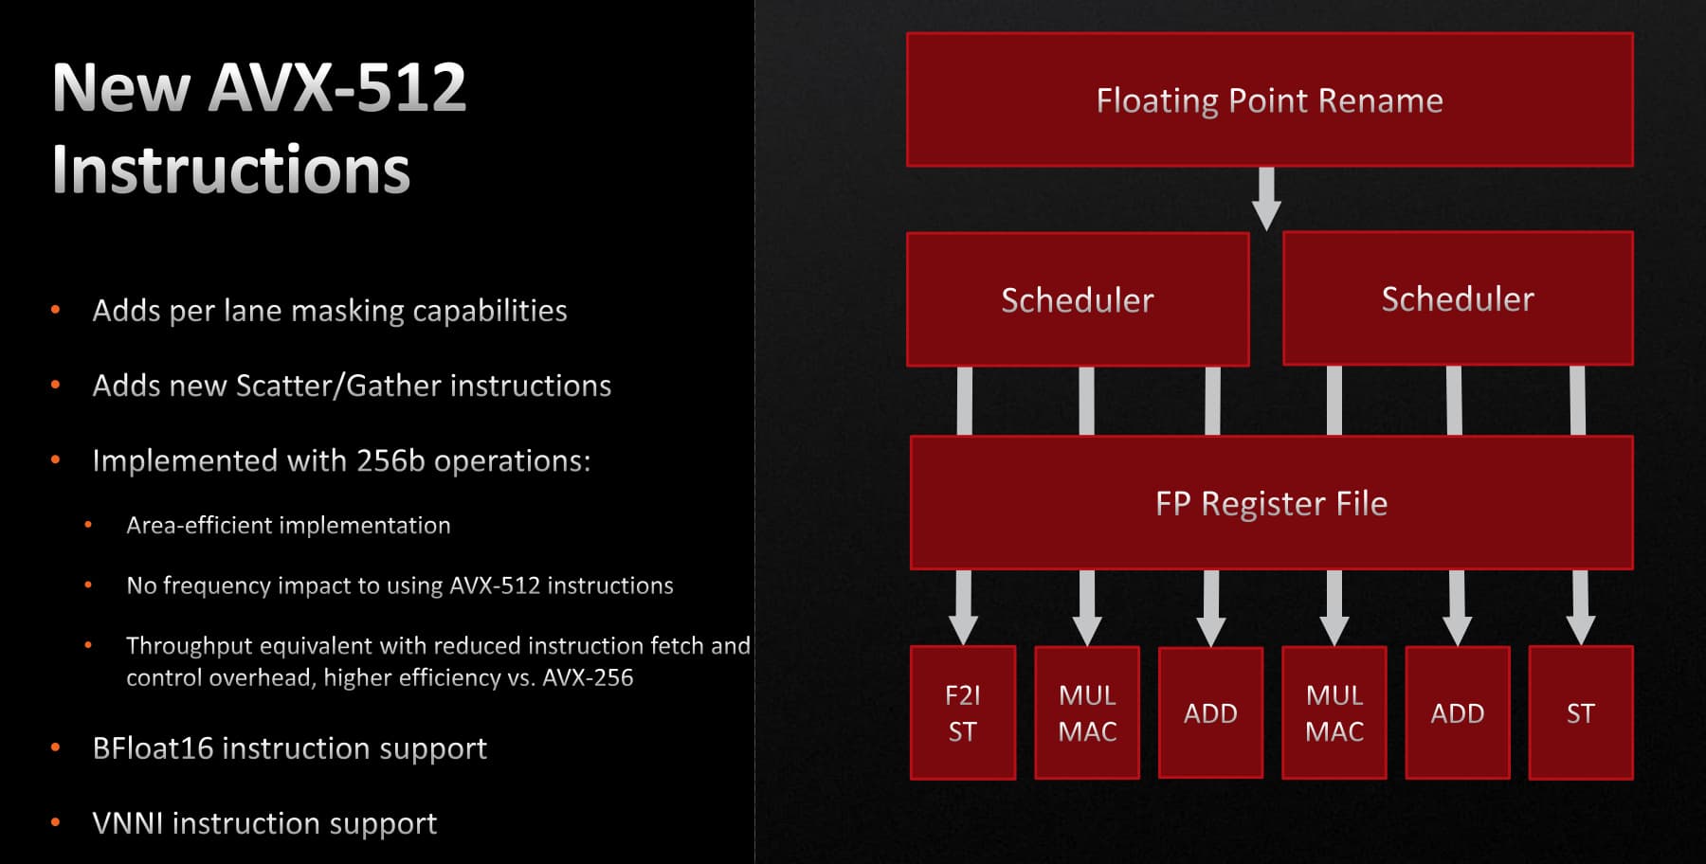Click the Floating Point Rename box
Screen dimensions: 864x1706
coord(1269,99)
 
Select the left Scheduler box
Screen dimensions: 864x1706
coord(1078,299)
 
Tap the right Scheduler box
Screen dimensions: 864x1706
coord(1458,298)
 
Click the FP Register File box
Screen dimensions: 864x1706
coord(1271,503)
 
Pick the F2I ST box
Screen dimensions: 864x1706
coord(963,712)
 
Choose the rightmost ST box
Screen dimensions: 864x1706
coord(1581,712)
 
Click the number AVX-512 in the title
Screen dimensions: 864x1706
coord(336,87)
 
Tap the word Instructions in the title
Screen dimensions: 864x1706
coord(231,171)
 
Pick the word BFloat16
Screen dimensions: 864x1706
coord(153,748)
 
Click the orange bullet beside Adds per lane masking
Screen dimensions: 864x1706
coord(56,310)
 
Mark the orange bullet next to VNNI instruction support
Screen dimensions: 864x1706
coord(56,823)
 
